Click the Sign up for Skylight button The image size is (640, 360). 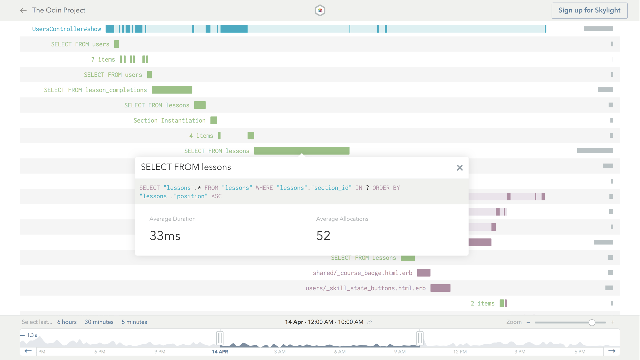[x=589, y=10]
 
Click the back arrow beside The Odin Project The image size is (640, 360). [x=23, y=10]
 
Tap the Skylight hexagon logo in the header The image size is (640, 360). [x=320, y=10]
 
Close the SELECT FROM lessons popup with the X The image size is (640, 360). [x=460, y=168]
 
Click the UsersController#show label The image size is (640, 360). [x=66, y=29]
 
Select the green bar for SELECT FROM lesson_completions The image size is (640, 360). [x=172, y=90]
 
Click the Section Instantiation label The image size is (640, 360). [x=169, y=120]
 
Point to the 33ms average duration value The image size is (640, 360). [x=165, y=236]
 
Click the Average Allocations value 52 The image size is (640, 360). [x=323, y=236]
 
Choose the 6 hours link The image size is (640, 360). [x=67, y=322]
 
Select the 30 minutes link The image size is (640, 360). [x=99, y=322]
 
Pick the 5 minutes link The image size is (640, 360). [x=134, y=322]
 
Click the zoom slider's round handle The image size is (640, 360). [x=592, y=322]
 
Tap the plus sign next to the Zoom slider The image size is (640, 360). [x=613, y=322]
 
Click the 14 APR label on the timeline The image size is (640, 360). [x=220, y=352]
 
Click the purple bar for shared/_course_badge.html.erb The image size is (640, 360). [x=424, y=273]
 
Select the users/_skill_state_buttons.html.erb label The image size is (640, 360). [x=365, y=288]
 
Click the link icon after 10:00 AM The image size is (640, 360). [x=370, y=322]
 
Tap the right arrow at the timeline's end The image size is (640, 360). [x=612, y=351]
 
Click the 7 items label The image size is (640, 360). [x=103, y=60]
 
